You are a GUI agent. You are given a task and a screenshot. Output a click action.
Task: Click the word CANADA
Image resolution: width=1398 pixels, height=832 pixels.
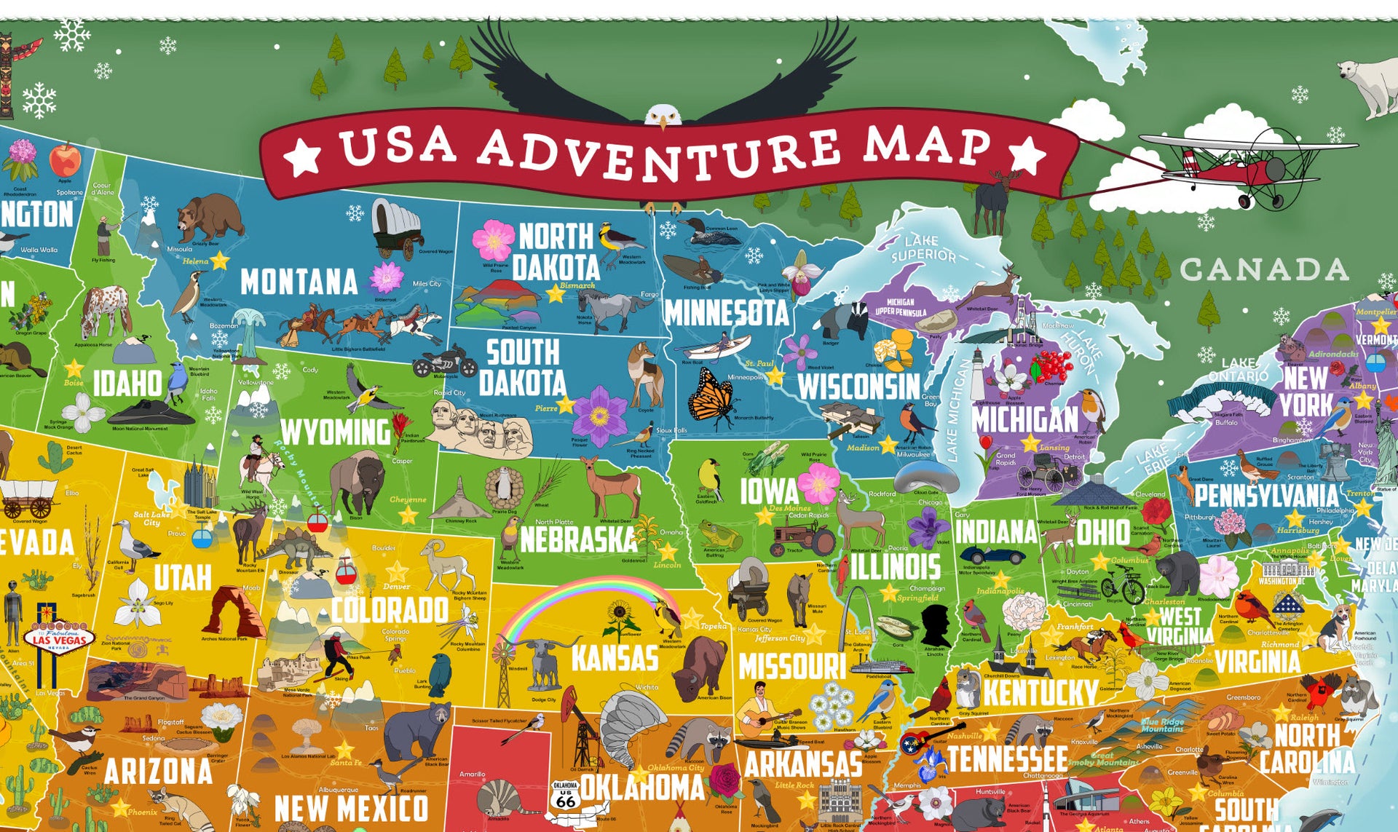[1264, 270]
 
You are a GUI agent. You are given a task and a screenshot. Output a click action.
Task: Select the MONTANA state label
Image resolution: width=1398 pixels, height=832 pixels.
[299, 282]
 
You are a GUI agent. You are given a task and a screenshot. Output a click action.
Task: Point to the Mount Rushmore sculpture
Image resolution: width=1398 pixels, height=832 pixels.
[477, 426]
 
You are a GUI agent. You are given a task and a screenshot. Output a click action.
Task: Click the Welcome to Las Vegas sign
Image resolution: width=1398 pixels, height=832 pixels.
[59, 638]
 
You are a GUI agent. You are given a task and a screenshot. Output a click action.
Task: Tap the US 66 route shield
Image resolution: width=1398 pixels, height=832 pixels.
[565, 795]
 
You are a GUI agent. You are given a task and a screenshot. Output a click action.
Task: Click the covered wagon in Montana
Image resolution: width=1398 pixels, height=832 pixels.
[396, 227]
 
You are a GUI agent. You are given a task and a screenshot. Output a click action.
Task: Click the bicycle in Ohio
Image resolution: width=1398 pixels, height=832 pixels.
[1122, 585]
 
